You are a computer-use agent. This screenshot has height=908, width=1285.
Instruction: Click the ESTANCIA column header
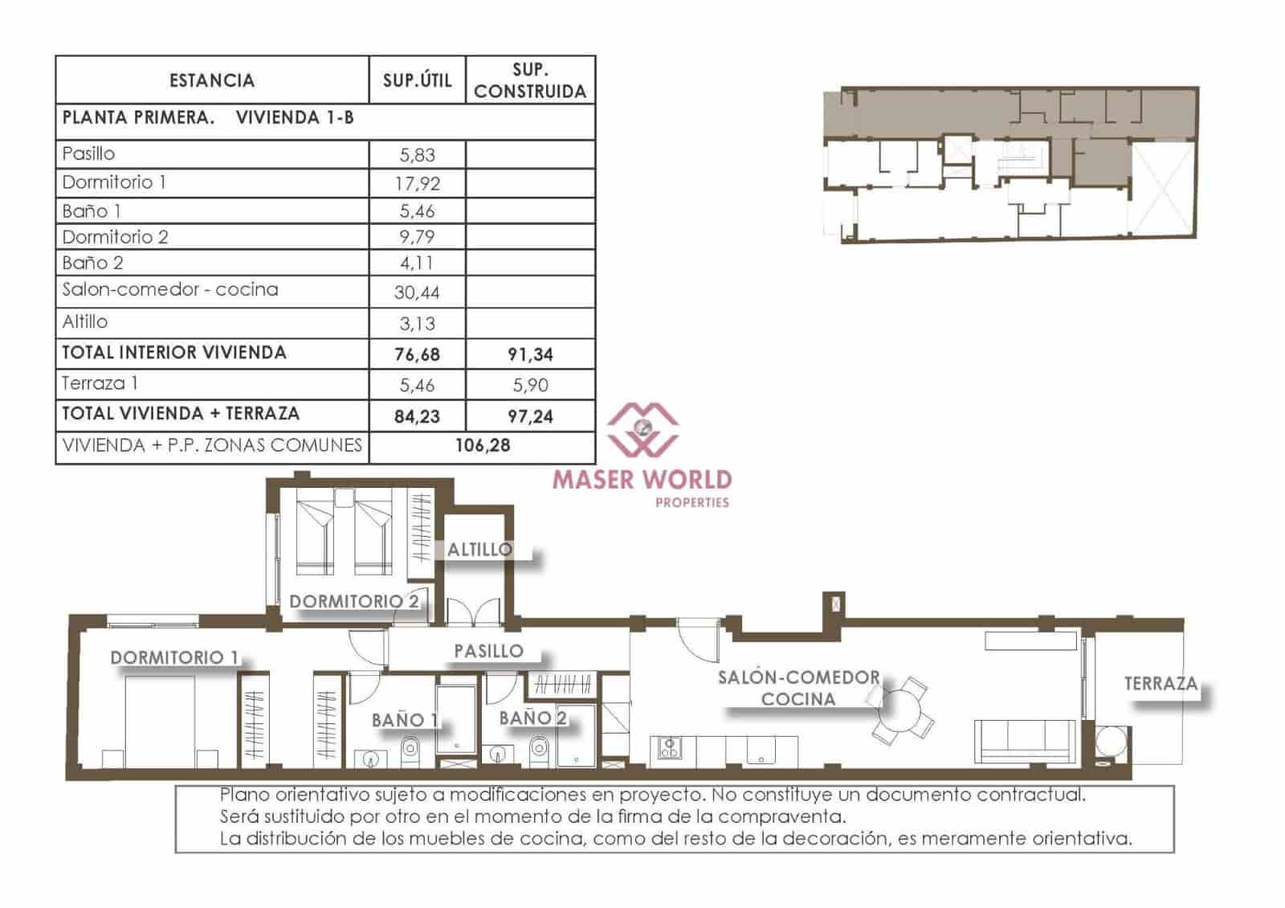coord(212,80)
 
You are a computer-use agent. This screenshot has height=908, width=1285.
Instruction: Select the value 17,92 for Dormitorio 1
coord(418,183)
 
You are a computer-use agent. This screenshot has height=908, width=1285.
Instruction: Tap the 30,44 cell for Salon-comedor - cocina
coord(418,292)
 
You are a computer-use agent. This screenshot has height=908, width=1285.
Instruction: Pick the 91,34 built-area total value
coord(530,354)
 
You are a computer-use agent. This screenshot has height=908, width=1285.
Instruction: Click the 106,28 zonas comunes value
coord(482,445)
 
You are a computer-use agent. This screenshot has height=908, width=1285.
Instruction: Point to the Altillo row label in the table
coord(85,321)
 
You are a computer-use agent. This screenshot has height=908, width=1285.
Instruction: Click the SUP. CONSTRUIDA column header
coord(530,80)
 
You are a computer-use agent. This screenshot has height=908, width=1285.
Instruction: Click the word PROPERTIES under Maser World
coord(692,502)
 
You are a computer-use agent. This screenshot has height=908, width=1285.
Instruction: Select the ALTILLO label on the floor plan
coord(479,550)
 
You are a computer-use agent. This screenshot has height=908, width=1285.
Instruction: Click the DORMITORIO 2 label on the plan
coord(353,601)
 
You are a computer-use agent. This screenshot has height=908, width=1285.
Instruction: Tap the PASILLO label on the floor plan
coord(488,651)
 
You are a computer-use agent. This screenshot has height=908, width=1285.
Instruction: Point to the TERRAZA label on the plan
coord(1161,684)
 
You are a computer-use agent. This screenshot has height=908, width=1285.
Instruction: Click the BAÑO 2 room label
coord(532,718)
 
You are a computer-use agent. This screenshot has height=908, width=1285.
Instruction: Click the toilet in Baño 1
coord(410,752)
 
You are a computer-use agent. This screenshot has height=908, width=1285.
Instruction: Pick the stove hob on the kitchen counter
coord(668,748)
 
